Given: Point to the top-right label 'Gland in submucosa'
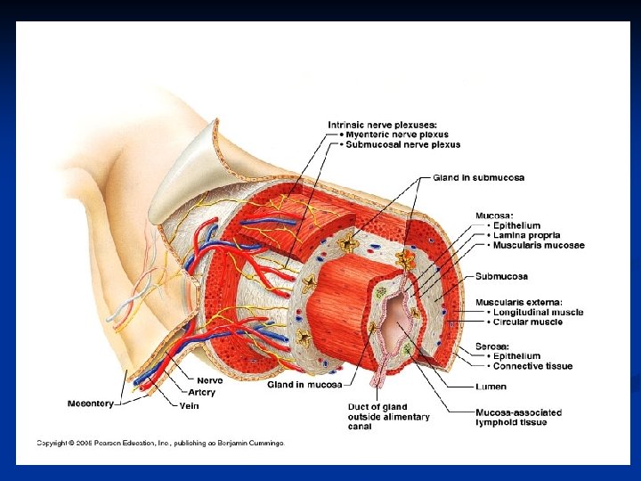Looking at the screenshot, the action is click(x=479, y=177).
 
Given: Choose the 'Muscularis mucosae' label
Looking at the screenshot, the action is click(x=535, y=245).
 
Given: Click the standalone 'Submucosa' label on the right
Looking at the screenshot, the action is click(x=501, y=276).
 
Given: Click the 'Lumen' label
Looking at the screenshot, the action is click(x=491, y=387).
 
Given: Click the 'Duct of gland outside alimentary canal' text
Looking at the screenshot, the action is click(x=388, y=416).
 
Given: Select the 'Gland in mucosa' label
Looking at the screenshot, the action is click(x=304, y=385).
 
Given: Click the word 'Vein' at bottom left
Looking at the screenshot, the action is click(x=189, y=405).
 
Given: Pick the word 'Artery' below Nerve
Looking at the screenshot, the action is click(x=202, y=392).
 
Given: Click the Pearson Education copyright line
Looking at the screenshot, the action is click(x=160, y=443).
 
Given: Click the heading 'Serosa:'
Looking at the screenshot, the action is click(x=492, y=345).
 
